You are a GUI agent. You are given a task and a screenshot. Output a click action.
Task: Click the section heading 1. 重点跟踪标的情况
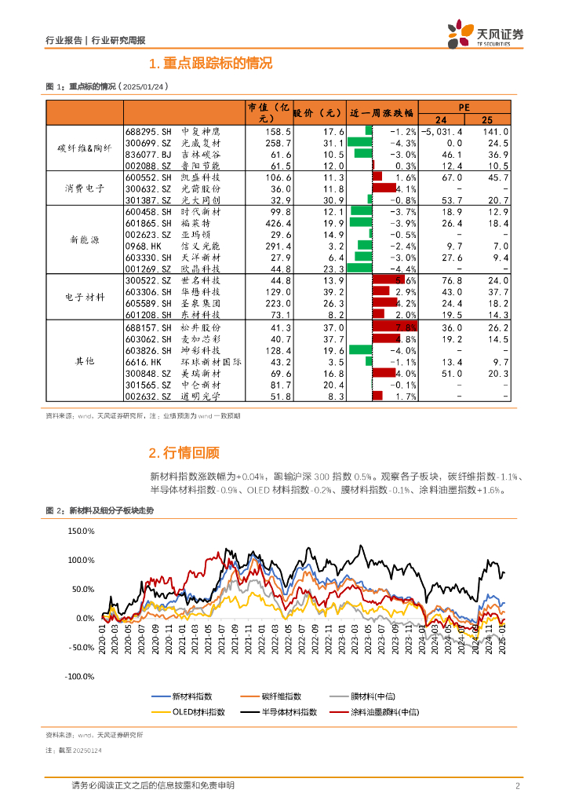click(x=209, y=64)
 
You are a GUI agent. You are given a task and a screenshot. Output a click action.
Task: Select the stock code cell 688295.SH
click(x=147, y=132)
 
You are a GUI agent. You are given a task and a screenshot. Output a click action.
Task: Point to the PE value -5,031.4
click(x=442, y=132)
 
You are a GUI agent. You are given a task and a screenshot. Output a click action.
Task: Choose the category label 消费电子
click(x=86, y=188)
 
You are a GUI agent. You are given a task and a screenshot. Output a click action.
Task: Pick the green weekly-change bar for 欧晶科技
click(x=359, y=268)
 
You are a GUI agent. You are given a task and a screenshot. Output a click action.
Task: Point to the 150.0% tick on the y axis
click(x=81, y=531)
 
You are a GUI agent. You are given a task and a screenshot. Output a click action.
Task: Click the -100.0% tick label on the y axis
click(x=79, y=676)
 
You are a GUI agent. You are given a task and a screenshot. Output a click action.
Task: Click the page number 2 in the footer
click(x=518, y=786)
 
